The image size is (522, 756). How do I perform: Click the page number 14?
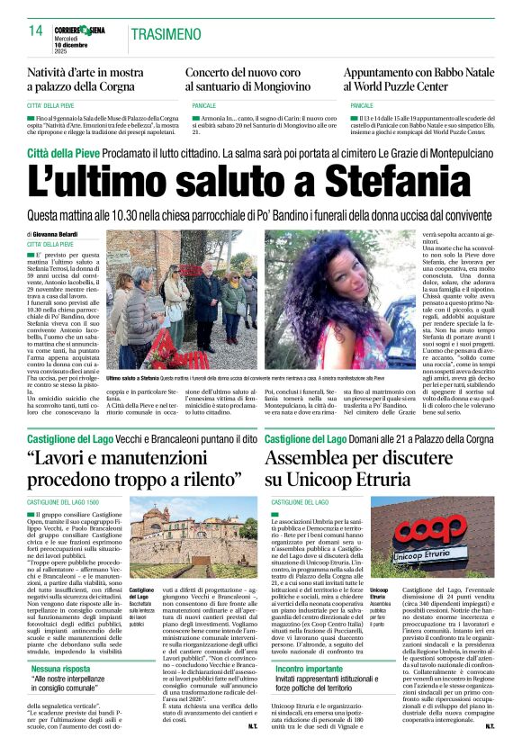coord(36,31)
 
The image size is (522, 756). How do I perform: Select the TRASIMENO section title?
coord(167,34)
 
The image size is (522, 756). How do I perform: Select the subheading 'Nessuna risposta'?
coord(64,670)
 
